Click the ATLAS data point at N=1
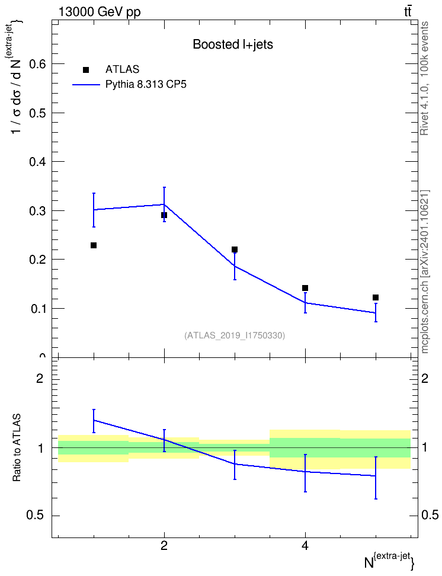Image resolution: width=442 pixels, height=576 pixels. [x=94, y=245]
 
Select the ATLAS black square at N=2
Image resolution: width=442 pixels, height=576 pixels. [x=164, y=215]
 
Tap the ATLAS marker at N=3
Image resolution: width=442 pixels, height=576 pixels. [x=235, y=250]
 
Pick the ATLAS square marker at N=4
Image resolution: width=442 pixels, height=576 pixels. [x=305, y=288]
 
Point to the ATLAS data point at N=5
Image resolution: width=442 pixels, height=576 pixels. [x=376, y=297]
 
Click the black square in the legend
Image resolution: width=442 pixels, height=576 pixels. [x=86, y=70]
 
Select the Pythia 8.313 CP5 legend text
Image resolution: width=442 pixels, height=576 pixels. [x=146, y=85]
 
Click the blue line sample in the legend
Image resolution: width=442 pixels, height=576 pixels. [x=87, y=85]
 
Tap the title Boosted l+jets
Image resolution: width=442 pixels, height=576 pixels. [x=233, y=45]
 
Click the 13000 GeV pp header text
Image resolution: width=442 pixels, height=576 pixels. [x=100, y=12]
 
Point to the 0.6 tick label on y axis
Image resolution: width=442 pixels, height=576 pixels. [x=38, y=64]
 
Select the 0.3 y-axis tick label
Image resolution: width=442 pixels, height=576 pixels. [x=38, y=210]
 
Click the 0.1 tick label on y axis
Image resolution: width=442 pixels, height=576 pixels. [x=38, y=309]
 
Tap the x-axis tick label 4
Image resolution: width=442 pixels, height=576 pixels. [x=305, y=546]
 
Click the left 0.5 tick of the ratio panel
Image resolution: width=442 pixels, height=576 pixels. [x=36, y=516]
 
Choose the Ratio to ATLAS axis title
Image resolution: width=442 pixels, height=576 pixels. [x=17, y=448]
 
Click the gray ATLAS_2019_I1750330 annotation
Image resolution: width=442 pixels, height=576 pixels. [x=235, y=335]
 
